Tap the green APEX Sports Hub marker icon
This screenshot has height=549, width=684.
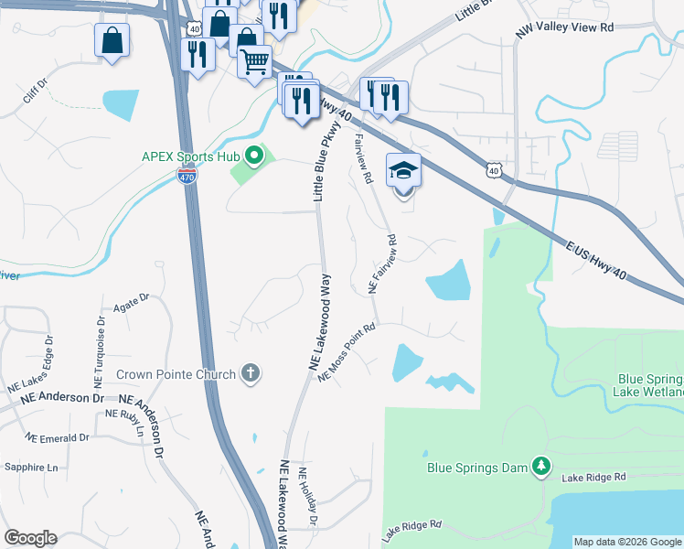[x=254, y=156]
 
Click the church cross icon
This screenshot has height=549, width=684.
[x=251, y=373]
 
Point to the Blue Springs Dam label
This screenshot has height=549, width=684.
[x=477, y=468]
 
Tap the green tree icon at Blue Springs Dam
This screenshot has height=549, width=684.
[x=541, y=467]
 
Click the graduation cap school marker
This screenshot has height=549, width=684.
[x=403, y=171]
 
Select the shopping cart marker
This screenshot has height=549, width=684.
[x=255, y=61]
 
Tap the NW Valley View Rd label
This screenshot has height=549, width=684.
[x=564, y=28]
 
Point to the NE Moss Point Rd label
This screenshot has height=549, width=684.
[x=347, y=353]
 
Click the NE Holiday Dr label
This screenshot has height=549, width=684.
[x=308, y=501]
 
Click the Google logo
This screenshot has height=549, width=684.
[x=30, y=538]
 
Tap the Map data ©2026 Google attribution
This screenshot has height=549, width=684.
[x=627, y=542]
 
